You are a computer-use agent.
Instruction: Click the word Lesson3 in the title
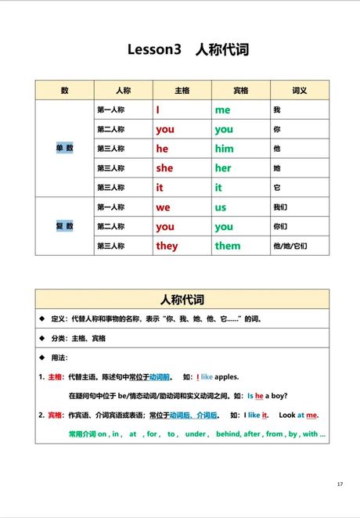[x=154, y=50]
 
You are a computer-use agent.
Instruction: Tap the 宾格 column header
[x=240, y=91]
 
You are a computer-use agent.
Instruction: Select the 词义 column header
[x=300, y=91]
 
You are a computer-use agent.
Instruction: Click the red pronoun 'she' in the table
[x=164, y=168]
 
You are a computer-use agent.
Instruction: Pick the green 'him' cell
[x=224, y=149]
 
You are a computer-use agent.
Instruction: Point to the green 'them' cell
[x=228, y=246]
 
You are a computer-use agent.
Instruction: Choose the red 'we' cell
[x=163, y=207]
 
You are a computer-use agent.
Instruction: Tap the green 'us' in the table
[x=221, y=207]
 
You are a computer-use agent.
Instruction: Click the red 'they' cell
[x=167, y=246]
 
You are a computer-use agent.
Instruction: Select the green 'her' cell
[x=223, y=168]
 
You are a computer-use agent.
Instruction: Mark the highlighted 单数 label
[x=64, y=148]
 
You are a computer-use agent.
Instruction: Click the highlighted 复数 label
[x=64, y=226]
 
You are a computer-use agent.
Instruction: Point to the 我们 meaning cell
[x=280, y=207]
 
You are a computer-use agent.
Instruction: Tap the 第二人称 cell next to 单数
[x=110, y=129]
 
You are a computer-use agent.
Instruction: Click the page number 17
[x=340, y=484]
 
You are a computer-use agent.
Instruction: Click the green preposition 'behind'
[x=229, y=433]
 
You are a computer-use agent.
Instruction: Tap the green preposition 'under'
[x=196, y=433]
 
